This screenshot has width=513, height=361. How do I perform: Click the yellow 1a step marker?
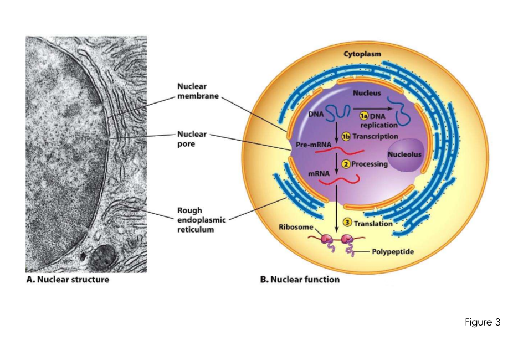363,116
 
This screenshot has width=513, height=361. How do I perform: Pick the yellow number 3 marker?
348,223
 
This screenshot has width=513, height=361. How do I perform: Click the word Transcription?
376,136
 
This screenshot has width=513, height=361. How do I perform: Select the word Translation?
373,223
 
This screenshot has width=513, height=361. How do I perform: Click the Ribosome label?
296,227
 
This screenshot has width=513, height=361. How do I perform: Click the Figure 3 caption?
483,323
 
